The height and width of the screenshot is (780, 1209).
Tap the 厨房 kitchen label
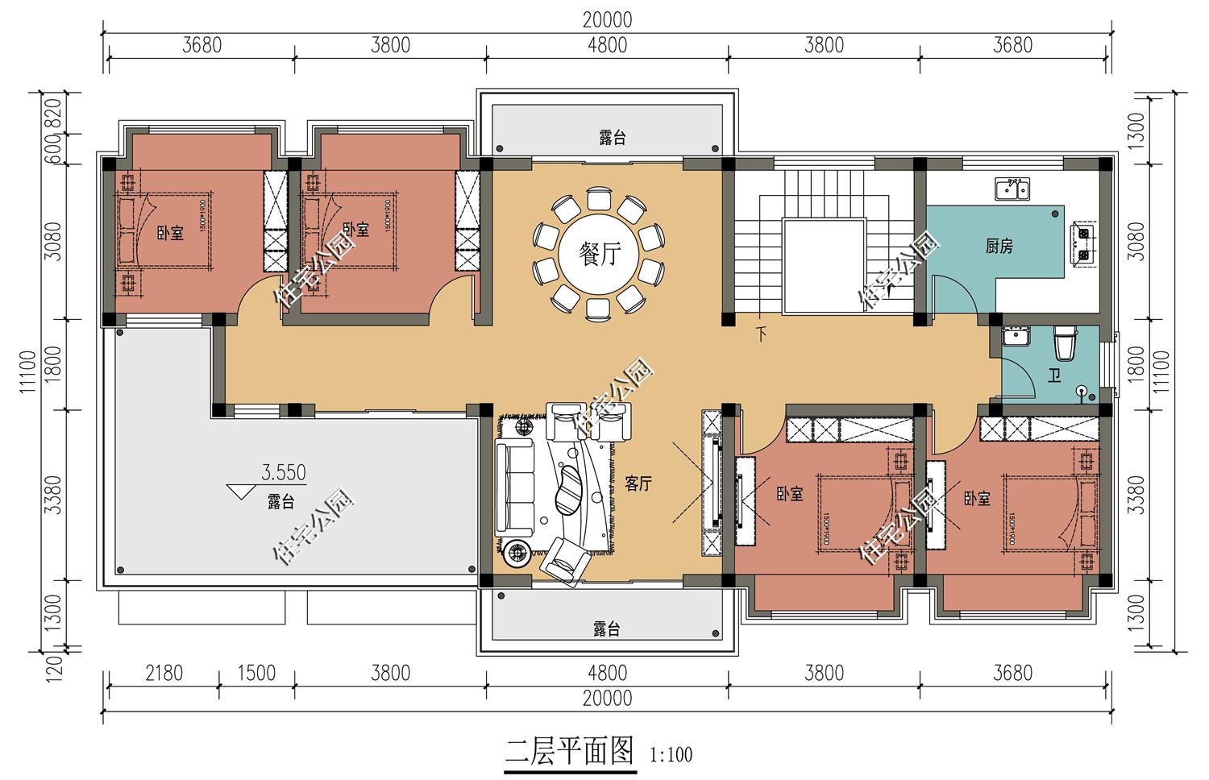999,247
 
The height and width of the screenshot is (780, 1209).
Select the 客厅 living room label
638,483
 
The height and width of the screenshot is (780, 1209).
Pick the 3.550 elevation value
283,472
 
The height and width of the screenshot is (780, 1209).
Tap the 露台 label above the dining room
613,138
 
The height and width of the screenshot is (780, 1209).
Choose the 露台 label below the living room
606,629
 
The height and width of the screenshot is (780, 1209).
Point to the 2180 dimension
164,672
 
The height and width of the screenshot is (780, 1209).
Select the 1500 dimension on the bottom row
256,672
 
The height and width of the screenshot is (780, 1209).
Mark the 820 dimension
53,113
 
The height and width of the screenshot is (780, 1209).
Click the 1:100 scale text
671,755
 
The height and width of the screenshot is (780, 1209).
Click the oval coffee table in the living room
571,487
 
